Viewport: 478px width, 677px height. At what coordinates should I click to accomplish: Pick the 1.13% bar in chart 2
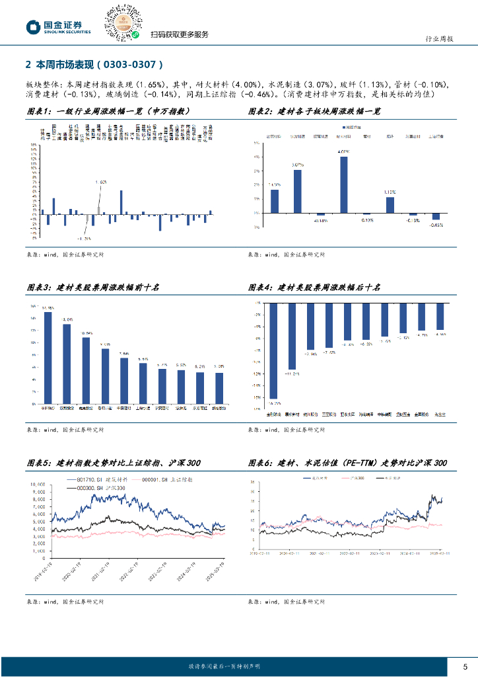390,205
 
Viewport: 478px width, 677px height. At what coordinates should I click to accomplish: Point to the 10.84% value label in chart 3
86,333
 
